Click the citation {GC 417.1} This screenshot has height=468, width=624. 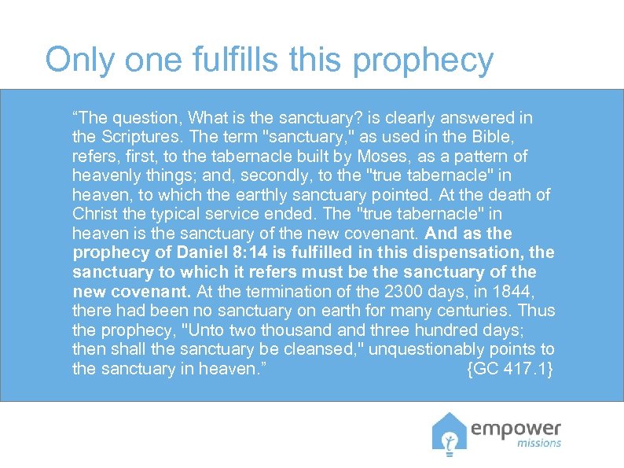pos(509,368)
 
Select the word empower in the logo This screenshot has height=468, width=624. pos(516,429)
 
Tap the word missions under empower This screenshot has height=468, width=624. pos(540,444)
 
